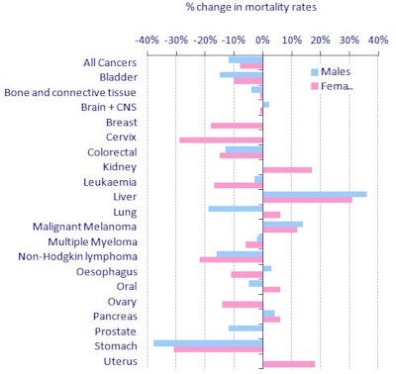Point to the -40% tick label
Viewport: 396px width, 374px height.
point(148,40)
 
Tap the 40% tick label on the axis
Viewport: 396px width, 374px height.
point(377,40)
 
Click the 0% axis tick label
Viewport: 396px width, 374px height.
point(262,40)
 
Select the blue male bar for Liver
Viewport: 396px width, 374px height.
point(314,194)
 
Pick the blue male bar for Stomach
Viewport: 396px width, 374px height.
point(208,342)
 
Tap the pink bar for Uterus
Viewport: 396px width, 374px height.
point(288,363)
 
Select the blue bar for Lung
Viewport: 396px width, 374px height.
point(236,209)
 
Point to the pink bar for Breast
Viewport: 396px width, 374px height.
point(237,125)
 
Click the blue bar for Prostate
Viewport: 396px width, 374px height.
point(246,327)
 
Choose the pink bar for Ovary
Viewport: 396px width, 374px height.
point(243,304)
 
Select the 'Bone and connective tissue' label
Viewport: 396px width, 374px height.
point(70,93)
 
